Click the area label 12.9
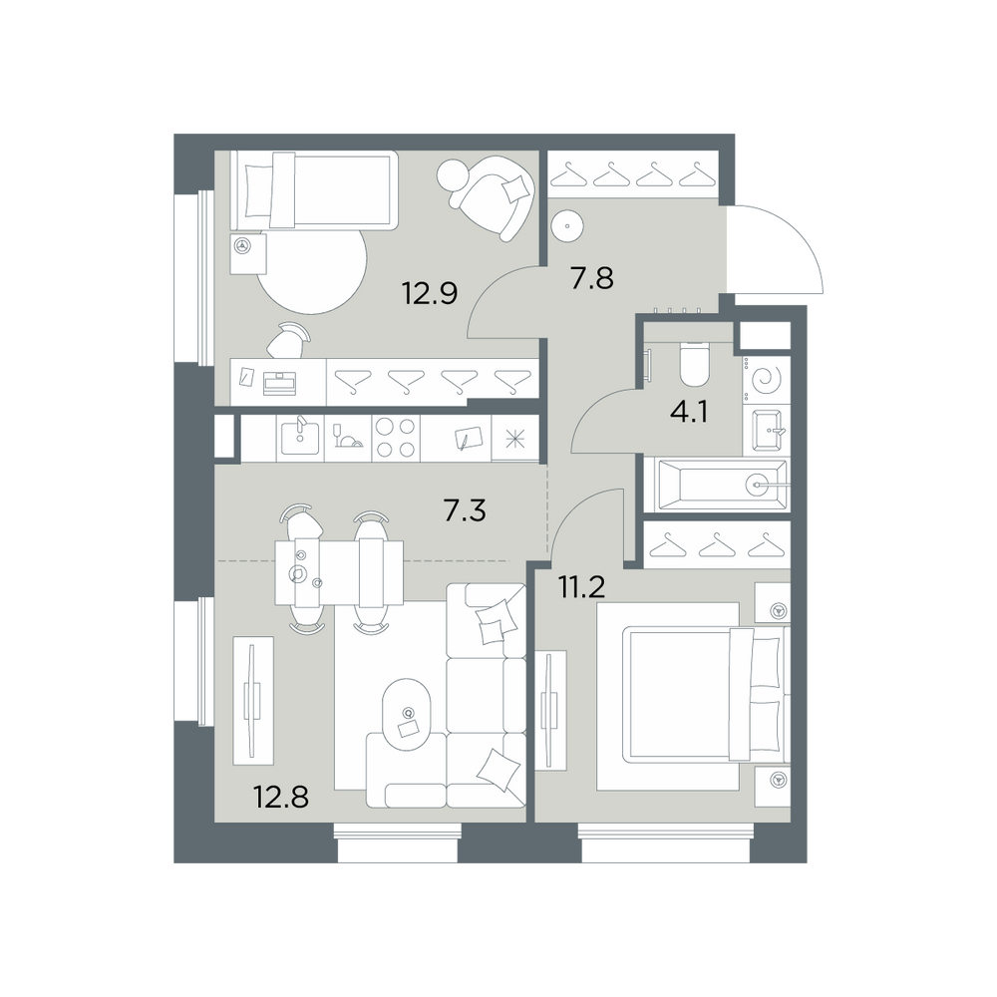coord(430,294)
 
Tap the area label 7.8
coord(592,278)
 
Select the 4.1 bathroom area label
coord(689,412)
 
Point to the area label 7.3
coord(465,510)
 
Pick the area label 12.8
coord(281,796)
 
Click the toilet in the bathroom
coord(694,364)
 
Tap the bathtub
coord(722,486)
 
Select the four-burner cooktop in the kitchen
coord(396,438)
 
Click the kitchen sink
coord(300,437)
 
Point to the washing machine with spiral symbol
coord(766,381)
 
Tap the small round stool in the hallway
coord(566,225)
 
